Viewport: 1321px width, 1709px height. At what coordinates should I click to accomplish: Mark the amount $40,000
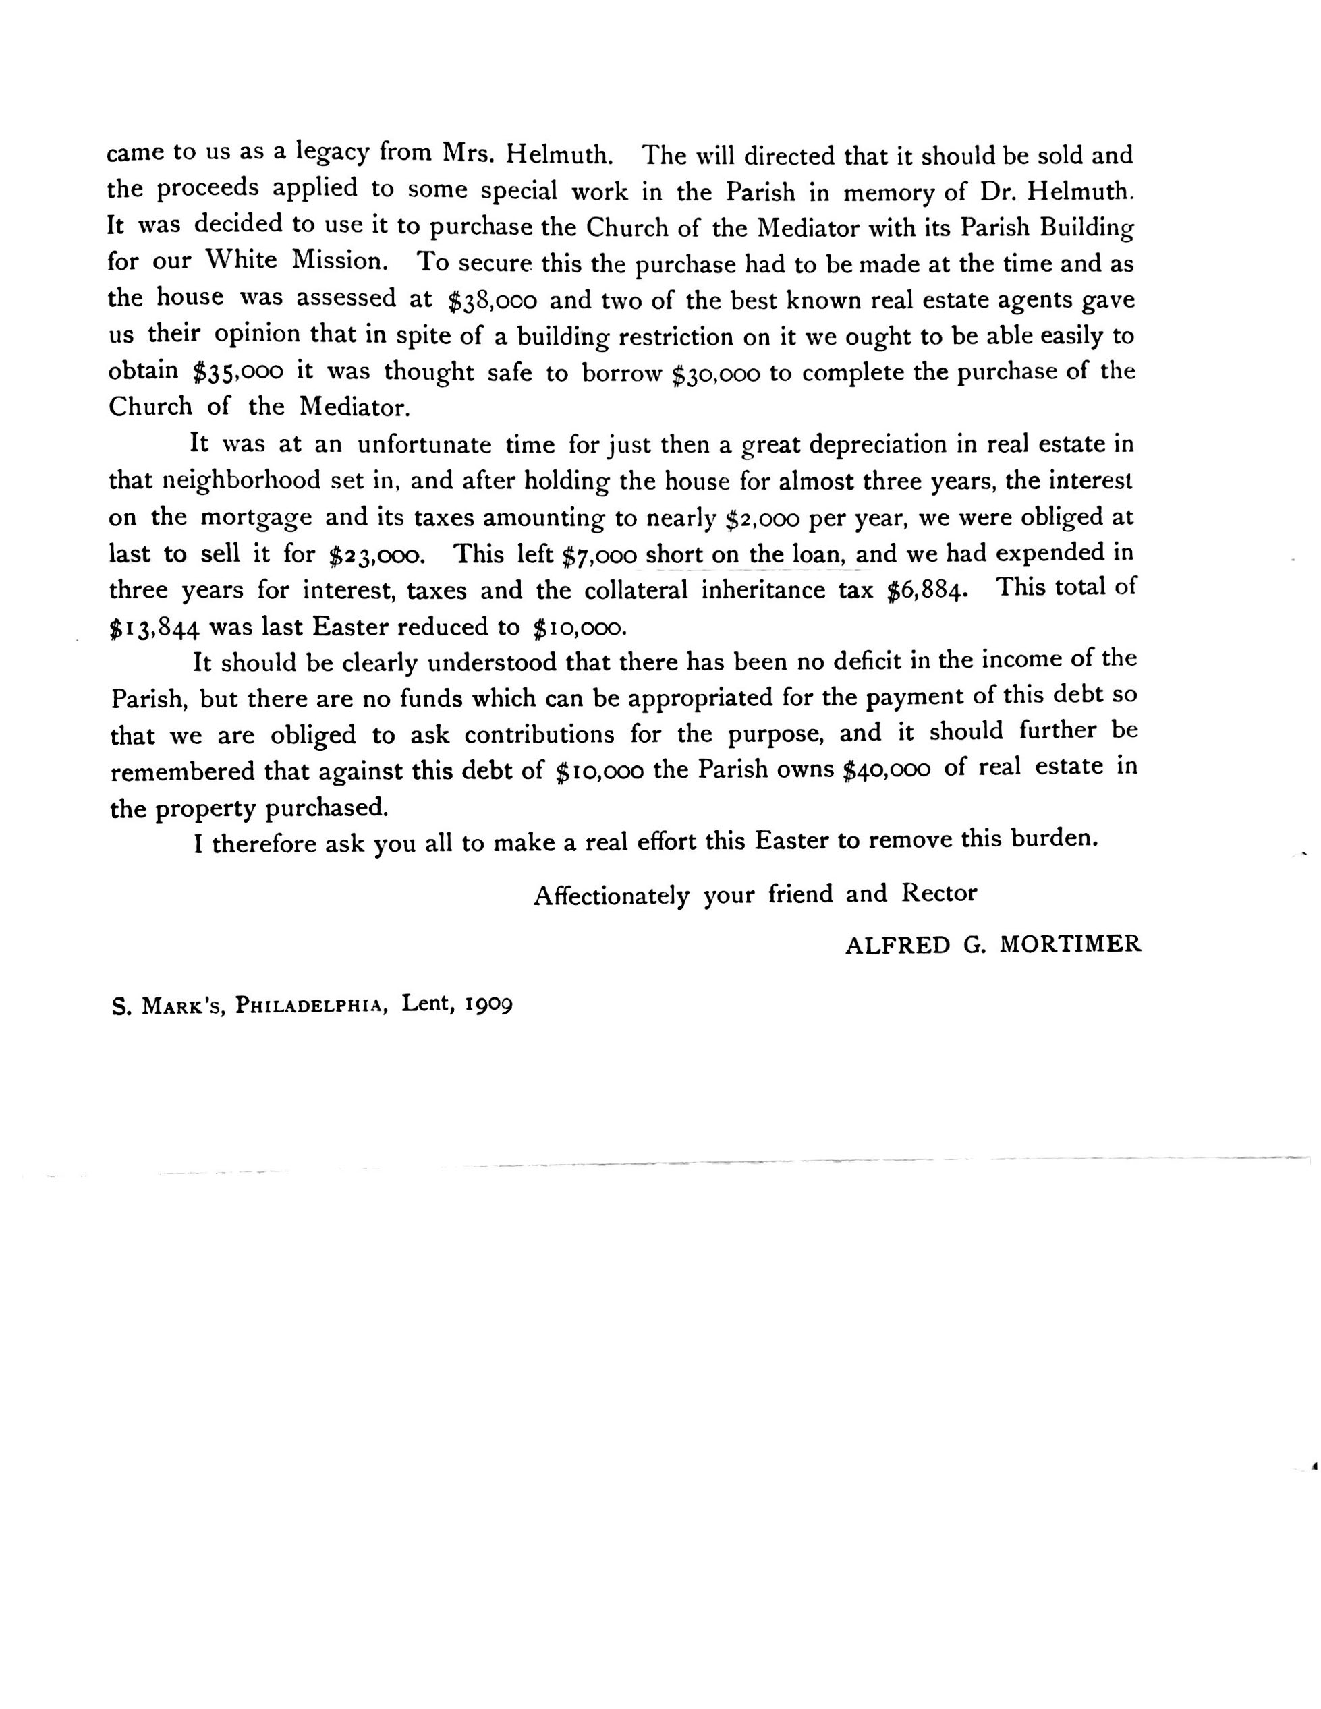[886, 770]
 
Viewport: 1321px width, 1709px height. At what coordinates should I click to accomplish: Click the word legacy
[333, 152]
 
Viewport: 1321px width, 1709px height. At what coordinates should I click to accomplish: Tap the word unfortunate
[424, 444]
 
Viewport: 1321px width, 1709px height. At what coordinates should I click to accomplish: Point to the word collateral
[636, 590]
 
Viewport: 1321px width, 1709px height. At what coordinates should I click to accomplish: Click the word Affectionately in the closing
[611, 894]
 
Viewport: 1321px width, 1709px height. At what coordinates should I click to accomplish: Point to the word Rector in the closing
[939, 893]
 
